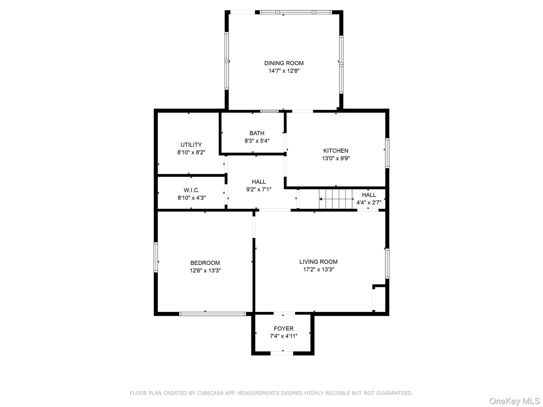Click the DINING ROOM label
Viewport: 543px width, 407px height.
tap(284, 63)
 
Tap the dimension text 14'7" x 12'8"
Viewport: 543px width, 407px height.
tap(284, 71)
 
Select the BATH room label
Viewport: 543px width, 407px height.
tap(257, 133)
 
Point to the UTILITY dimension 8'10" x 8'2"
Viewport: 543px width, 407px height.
tap(191, 152)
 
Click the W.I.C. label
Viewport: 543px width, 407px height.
tap(191, 190)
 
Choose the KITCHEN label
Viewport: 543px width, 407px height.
tap(336, 151)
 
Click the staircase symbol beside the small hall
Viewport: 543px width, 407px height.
tap(336, 199)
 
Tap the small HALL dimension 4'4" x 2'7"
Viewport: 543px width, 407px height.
tap(369, 203)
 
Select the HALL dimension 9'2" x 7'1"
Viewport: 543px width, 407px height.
tap(259, 189)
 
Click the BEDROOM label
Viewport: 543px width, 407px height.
tap(205, 263)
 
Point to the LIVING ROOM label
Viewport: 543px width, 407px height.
tap(318, 262)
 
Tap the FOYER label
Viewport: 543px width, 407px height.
tap(283, 329)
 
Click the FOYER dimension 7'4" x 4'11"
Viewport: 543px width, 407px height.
tap(283, 336)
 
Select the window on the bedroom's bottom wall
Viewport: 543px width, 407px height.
tap(212, 314)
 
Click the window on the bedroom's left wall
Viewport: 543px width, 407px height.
tap(156, 257)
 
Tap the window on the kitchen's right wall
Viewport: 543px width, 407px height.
tap(387, 153)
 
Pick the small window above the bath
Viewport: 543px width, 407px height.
tap(269, 111)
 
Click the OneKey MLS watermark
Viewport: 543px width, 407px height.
tap(514, 401)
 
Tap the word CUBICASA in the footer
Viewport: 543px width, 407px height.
tap(208, 393)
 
